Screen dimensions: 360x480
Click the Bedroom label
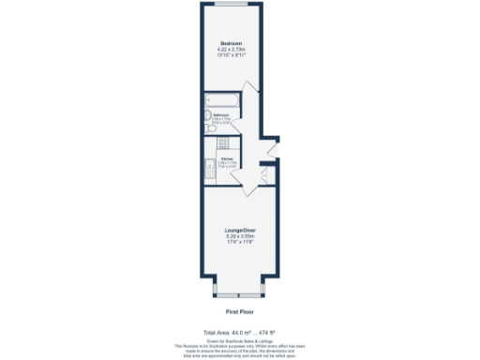tap(232, 44)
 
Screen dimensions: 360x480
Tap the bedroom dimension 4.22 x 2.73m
tap(232, 50)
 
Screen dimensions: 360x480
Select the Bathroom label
tap(221, 115)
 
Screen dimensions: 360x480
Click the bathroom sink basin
tap(209, 118)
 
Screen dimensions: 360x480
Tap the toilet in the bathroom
tap(210, 129)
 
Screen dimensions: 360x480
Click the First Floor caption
tap(240, 310)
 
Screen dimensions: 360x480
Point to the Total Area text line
tap(240, 332)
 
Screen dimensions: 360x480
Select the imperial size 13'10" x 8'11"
tap(232, 55)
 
